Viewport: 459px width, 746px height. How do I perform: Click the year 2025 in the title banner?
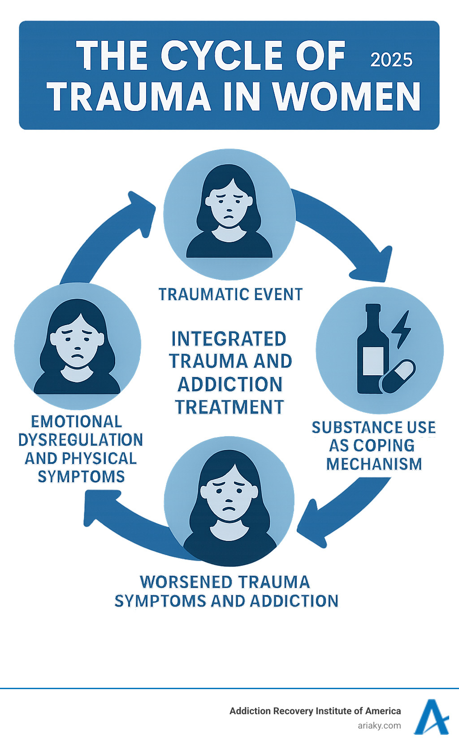click(x=391, y=60)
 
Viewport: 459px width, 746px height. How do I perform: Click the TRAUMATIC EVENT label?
click(x=231, y=295)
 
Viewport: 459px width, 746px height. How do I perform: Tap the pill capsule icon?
click(x=398, y=377)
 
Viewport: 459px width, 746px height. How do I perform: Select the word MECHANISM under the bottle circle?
click(x=374, y=464)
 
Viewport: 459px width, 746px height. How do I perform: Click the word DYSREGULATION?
click(x=81, y=440)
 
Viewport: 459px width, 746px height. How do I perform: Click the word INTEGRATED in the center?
click(x=229, y=339)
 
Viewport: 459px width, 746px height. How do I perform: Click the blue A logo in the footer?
click(x=431, y=717)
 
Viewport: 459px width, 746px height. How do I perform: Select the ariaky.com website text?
click(x=379, y=726)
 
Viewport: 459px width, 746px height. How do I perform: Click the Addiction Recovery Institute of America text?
click(x=315, y=711)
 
